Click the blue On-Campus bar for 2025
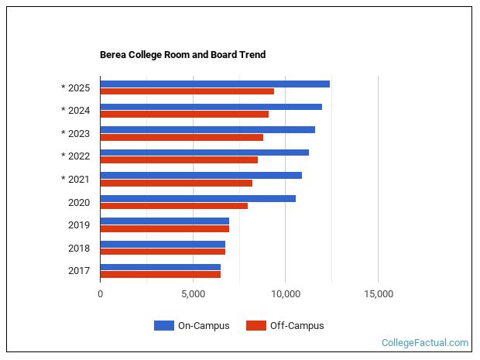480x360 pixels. [x=214, y=84]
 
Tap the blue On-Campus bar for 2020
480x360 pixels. [x=197, y=198]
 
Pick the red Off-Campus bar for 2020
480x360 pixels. [x=173, y=206]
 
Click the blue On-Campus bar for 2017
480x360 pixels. [x=160, y=267]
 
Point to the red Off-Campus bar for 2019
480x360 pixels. [x=164, y=229]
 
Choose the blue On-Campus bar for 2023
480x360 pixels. [x=207, y=129]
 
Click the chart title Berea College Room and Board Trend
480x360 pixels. [x=183, y=55]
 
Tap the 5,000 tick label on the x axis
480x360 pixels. [x=193, y=294]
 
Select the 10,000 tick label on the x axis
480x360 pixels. [x=285, y=294]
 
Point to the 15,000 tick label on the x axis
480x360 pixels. [x=378, y=294]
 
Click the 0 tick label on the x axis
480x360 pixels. [x=100, y=294]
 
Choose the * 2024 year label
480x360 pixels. [x=76, y=110]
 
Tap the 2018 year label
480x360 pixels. [x=79, y=248]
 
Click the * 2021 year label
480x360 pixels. [x=76, y=179]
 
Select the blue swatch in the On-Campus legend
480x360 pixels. [x=163, y=326]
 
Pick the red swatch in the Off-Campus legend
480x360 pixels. [x=255, y=326]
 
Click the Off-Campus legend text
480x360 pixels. [x=297, y=326]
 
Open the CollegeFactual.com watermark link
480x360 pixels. [x=425, y=343]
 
